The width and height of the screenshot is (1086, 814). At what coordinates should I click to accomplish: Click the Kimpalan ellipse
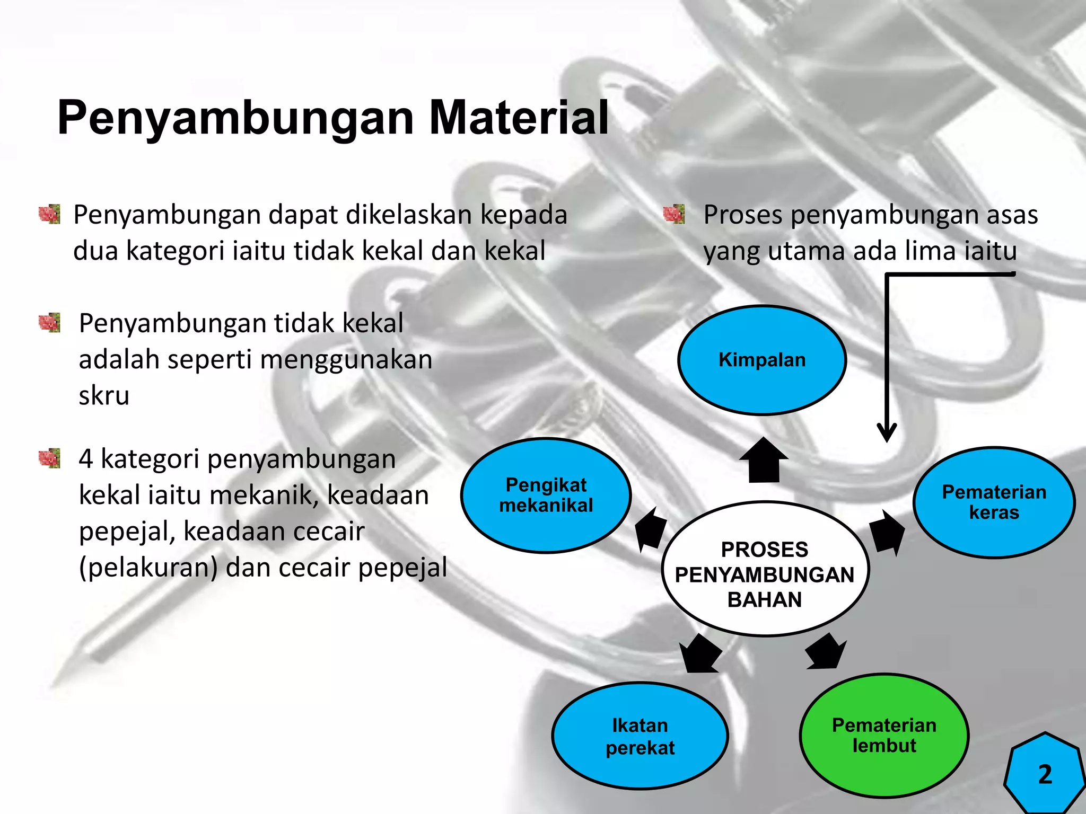[x=762, y=360]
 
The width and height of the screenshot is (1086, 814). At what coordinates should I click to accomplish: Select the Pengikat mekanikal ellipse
[x=546, y=496]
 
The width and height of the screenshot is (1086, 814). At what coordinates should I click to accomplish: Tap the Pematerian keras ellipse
[x=994, y=502]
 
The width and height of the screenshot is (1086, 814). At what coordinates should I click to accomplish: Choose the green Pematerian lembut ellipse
[x=884, y=735]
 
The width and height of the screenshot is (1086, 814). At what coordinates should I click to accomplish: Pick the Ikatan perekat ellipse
[x=640, y=736]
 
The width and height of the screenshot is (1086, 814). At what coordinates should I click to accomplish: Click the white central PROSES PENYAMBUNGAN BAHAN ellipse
[x=765, y=569]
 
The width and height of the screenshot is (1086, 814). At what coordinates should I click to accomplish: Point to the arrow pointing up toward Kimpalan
[x=764, y=459]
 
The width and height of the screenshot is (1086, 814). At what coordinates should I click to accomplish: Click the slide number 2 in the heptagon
[x=1045, y=774]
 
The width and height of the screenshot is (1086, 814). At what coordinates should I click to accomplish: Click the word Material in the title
[x=519, y=118]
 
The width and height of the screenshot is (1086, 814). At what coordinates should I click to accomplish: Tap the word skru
[x=104, y=395]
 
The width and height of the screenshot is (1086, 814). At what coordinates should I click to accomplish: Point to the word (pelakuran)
[x=148, y=568]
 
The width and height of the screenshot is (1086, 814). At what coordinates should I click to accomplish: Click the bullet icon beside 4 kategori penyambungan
[x=50, y=458]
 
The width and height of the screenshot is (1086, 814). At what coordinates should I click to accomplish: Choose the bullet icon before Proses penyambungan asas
[x=674, y=215]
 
